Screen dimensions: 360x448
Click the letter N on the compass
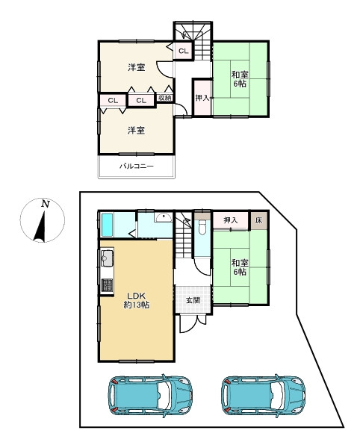click(46, 204)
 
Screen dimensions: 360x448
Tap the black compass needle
click(40, 227)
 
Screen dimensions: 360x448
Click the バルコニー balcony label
click(137, 166)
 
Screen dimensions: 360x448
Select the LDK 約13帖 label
click(136, 300)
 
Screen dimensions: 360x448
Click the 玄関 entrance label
click(193, 300)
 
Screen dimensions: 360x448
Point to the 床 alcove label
click(258, 220)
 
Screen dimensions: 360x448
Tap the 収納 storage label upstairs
click(165, 98)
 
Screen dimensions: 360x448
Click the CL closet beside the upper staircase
click(183, 51)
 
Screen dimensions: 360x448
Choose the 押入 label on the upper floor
click(202, 98)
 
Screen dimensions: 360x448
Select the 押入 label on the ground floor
click(230, 220)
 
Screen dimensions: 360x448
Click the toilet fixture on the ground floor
click(202, 227)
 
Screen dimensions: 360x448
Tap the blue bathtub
click(107, 225)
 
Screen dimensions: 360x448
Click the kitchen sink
click(107, 258)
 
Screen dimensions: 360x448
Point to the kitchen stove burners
click(108, 285)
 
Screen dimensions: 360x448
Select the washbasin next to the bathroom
click(163, 218)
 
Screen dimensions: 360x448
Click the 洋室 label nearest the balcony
click(136, 131)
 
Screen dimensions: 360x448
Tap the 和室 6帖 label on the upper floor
click(240, 79)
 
